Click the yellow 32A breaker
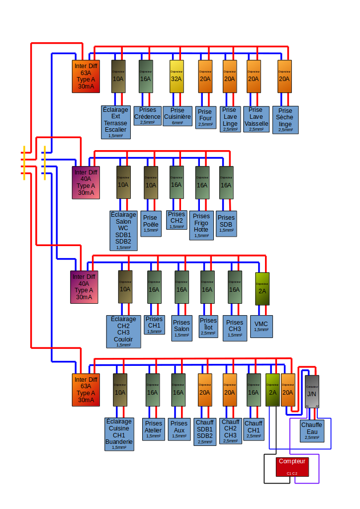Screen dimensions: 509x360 point(177,76)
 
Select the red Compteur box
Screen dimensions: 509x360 point(292,466)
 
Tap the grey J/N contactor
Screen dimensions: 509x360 point(312,392)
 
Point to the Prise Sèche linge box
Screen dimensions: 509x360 point(285,120)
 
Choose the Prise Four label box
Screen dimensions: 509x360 point(205,118)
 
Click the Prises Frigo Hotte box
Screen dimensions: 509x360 point(201,225)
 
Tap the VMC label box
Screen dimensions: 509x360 point(261,326)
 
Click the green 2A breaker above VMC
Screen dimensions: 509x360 point(262,289)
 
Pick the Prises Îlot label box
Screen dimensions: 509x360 point(208,326)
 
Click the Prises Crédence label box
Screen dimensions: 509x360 point(148,116)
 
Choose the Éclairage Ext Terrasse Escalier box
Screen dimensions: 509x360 point(116,122)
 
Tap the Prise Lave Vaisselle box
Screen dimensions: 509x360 point(256,119)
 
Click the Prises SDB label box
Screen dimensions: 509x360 point(226,223)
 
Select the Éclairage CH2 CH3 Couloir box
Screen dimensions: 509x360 point(124,331)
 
